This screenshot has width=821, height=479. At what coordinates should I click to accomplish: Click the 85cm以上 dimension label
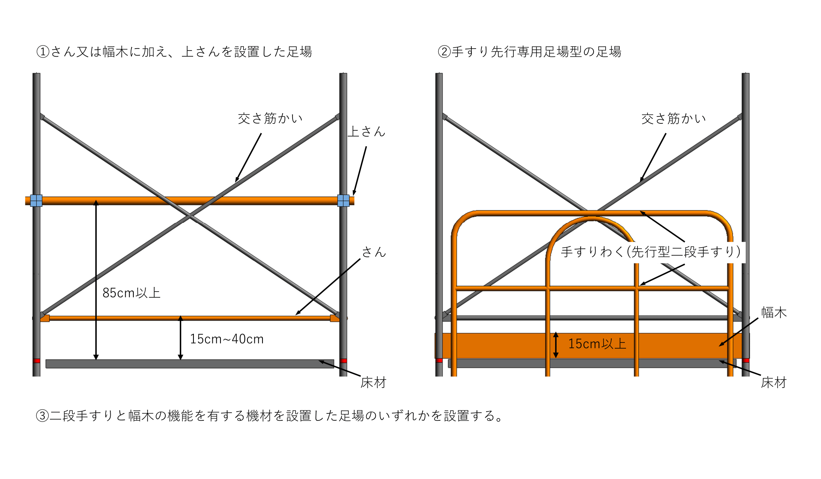pyautogui.click(x=131, y=293)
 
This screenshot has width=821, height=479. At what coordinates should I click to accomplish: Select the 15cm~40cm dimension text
pyautogui.click(x=227, y=339)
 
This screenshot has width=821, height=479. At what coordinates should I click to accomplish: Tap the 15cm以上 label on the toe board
pyautogui.click(x=597, y=344)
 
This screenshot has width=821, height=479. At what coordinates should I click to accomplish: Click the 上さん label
pyautogui.click(x=367, y=132)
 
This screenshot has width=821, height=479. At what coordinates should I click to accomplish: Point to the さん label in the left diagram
pyautogui.click(x=374, y=252)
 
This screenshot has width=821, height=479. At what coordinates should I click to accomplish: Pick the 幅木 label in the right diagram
pyautogui.click(x=774, y=312)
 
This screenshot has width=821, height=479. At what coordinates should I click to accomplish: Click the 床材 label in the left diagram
pyautogui.click(x=373, y=382)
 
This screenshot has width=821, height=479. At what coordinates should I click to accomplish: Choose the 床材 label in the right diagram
pyautogui.click(x=774, y=382)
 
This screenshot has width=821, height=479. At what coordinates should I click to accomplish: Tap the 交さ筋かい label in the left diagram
pyautogui.click(x=270, y=118)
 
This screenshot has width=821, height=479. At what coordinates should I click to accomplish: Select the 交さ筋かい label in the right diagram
pyautogui.click(x=674, y=118)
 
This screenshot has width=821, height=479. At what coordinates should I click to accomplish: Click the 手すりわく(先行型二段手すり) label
pyautogui.click(x=651, y=252)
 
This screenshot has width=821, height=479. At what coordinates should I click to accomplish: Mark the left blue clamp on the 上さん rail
pyautogui.click(x=36, y=201)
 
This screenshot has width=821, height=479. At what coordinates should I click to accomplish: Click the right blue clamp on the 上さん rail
pyautogui.click(x=343, y=201)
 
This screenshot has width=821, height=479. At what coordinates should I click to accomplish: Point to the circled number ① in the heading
pyautogui.click(x=43, y=52)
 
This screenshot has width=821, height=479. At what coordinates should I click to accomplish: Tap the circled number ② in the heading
pyautogui.click(x=444, y=52)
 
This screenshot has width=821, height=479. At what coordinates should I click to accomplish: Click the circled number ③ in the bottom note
pyautogui.click(x=42, y=416)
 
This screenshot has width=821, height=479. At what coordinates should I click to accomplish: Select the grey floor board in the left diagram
pyautogui.click(x=190, y=364)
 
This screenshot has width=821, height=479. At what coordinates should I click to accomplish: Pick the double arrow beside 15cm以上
pyautogui.click(x=556, y=345)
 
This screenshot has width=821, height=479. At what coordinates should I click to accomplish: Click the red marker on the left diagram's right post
pyautogui.click(x=343, y=361)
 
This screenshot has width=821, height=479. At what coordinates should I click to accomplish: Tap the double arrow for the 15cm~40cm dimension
pyautogui.click(x=180, y=338)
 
